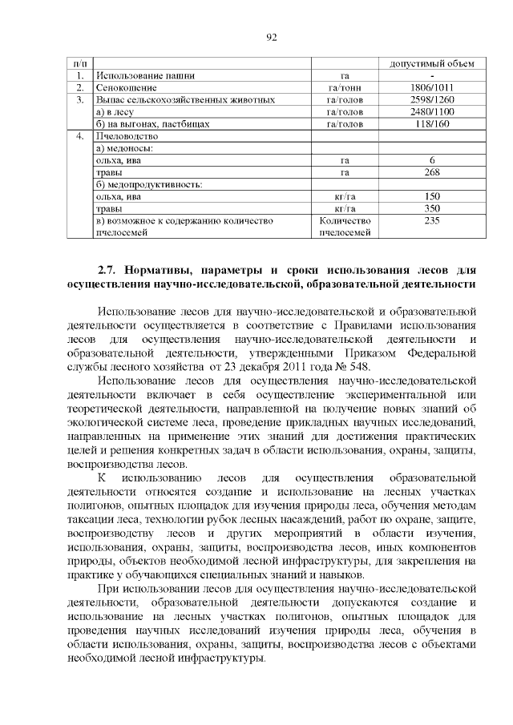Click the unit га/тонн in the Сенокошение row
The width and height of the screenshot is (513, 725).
point(345,87)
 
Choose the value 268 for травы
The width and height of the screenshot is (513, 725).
point(432,172)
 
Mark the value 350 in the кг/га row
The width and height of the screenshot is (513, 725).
point(432,208)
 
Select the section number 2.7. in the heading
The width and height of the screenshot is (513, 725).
point(108,268)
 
